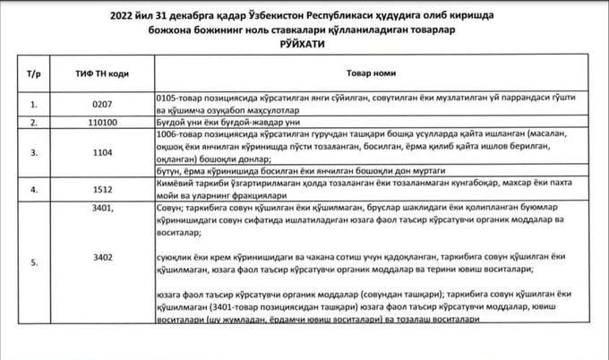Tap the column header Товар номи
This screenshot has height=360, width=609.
click(365, 70)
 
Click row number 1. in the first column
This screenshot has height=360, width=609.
click(34, 104)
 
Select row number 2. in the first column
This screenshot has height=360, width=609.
click(34, 122)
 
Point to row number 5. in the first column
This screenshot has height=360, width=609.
click(34, 262)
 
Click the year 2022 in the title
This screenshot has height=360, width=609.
click(124, 15)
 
